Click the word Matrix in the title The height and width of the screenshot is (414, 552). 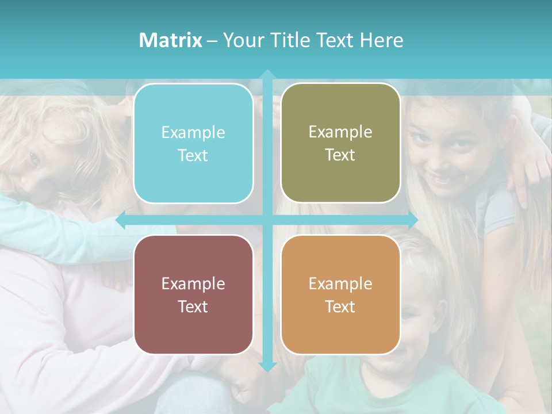(x=170, y=40)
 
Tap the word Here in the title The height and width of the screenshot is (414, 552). (x=381, y=40)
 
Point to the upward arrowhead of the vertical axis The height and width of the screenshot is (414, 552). (x=267, y=75)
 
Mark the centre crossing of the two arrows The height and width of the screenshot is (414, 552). (x=267, y=220)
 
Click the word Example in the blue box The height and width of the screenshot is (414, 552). (x=193, y=133)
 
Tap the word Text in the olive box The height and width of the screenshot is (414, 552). (x=340, y=155)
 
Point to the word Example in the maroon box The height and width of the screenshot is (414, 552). (x=193, y=283)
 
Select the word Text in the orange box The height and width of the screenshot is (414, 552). (x=340, y=306)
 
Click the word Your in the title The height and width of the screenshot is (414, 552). (x=241, y=40)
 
